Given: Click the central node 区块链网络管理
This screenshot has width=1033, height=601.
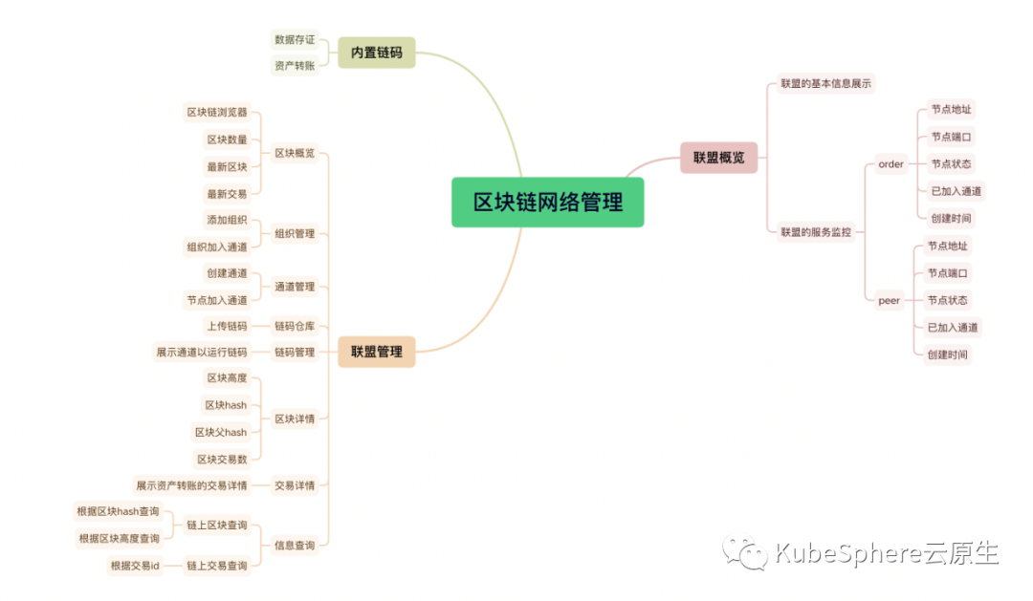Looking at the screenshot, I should point(547,203).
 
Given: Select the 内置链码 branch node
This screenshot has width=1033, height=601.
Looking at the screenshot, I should point(376,53).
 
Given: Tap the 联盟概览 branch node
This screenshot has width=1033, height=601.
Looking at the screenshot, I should point(718,158).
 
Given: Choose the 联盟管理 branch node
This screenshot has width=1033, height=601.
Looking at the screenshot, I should point(376,352).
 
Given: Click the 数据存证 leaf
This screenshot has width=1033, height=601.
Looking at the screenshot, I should point(295,39).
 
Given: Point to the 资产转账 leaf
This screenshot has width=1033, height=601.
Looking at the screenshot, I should point(295,66).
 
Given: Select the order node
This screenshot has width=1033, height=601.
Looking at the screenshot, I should point(890,164).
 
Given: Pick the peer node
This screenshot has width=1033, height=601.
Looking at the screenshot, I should point(890,300).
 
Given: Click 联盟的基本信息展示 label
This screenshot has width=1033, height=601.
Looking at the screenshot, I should point(825,84).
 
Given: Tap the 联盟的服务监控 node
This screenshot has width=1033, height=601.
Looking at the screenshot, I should point(816,231).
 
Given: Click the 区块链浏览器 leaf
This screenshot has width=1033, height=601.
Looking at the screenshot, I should point(217,112).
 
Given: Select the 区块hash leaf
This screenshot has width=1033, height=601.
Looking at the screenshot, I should point(226,405).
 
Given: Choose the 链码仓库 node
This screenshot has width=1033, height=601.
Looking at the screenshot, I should point(295,326).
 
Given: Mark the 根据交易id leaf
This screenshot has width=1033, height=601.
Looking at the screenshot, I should point(135,566).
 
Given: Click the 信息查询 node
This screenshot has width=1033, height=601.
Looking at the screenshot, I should point(295,545).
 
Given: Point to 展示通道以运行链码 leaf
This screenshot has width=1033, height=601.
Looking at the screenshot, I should point(202,352).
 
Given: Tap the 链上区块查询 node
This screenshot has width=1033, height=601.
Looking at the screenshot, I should point(217,525).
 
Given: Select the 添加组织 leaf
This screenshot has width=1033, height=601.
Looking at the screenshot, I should point(227,220).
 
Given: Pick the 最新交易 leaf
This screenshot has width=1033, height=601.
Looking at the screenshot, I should point(227,193).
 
